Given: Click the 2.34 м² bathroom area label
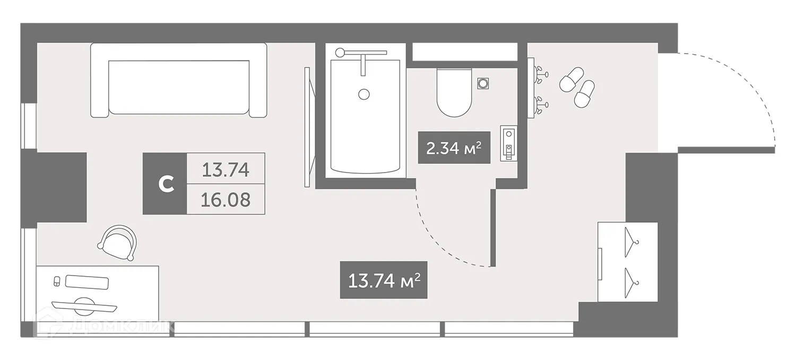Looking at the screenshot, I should pyautogui.click(x=453, y=148).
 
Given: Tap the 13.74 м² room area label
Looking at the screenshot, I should pyautogui.click(x=383, y=280).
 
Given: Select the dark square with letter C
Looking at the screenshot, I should pyautogui.click(x=165, y=184).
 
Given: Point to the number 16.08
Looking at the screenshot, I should pyautogui.click(x=226, y=200).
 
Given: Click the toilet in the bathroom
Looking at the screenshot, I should pyautogui.click(x=454, y=93).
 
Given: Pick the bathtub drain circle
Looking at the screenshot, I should pyautogui.click(x=364, y=94).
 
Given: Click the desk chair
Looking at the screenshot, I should pyautogui.click(x=118, y=242).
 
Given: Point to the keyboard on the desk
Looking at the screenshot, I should pyautogui.click(x=87, y=282).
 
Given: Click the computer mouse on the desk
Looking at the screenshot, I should pyautogui.click(x=57, y=281).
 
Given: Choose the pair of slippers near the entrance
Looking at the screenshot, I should pyautogui.click(x=577, y=86).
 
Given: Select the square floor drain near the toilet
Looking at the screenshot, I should pyautogui.click(x=483, y=83).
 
